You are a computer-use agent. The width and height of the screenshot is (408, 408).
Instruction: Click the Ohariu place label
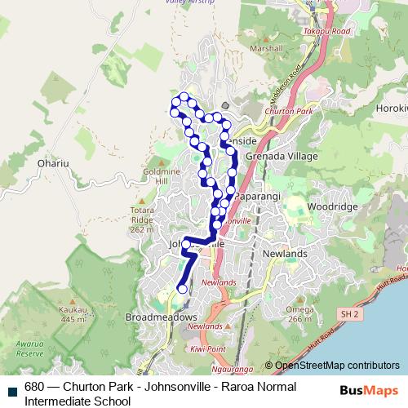pyautogui.click(x=51, y=162)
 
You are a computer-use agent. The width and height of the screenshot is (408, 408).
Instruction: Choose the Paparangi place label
pyautogui.click(x=257, y=197)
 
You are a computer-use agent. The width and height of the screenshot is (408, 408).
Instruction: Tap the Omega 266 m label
pyautogui.click(x=299, y=314)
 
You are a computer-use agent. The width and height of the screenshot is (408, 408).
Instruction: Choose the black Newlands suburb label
pyautogui.click(x=286, y=254)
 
